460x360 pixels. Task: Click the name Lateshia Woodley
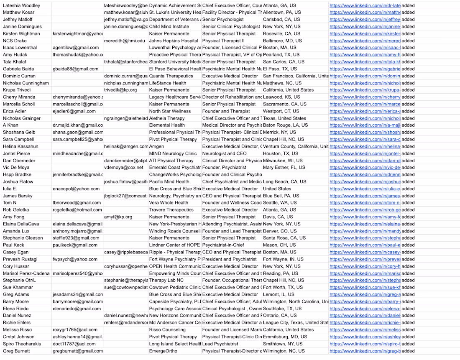pyautogui.click(x=22, y=5)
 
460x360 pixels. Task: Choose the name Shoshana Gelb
pyautogui.click(x=19, y=132)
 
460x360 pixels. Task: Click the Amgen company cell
pyautogui.click(x=157, y=146)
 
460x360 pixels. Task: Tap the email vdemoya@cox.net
pyautogui.click(x=120, y=168)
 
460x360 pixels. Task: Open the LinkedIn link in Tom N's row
pyautogui.click(x=365, y=203)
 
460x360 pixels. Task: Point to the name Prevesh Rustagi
pyautogui.click(x=20, y=259)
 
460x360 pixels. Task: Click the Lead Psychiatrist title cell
pyautogui.click(x=220, y=344)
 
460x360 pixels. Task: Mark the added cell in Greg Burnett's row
pyautogui.click(x=408, y=351)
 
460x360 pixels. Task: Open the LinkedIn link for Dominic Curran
pyautogui.click(x=365, y=76)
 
